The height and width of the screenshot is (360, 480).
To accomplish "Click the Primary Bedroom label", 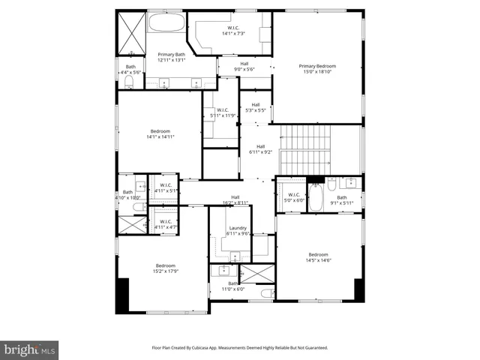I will [317, 69].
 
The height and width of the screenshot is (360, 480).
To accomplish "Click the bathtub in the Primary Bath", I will [166, 22].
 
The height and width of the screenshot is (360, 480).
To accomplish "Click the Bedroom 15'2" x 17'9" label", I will [166, 268].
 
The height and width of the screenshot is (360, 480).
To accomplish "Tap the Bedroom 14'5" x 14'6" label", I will [318, 256].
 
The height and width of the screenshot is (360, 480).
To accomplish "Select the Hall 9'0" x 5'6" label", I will [244, 67].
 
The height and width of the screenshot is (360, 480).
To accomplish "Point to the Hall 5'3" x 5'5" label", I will [256, 107].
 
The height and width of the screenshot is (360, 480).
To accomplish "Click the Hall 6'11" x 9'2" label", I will [260, 149].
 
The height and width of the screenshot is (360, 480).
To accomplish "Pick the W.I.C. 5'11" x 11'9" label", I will [222, 113].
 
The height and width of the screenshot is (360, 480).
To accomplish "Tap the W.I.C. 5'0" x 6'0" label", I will [293, 197].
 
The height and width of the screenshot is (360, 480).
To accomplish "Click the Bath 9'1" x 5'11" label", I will [341, 199].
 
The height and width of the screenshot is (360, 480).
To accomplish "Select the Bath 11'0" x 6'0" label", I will [233, 286].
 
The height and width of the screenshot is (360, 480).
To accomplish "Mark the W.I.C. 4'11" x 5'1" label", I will [166, 188].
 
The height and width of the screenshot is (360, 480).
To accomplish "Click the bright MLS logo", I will [30, 349].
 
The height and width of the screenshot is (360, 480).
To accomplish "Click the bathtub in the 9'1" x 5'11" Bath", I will [315, 199].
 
